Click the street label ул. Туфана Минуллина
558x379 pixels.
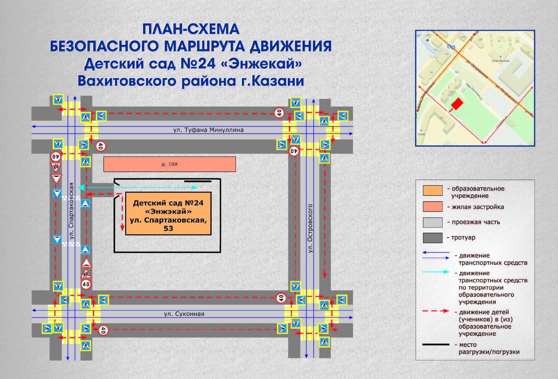tap(208, 130)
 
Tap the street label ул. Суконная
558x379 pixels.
tap(184, 314)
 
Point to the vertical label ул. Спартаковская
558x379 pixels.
tap(71, 211)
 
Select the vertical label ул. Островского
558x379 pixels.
tap(310, 228)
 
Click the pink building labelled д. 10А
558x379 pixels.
tap(169, 164)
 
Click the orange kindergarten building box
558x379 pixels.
tap(168, 214)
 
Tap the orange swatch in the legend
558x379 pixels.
tap(432, 191)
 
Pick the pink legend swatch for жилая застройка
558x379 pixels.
tap(432, 207)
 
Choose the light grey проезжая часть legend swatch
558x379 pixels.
tap(432, 222)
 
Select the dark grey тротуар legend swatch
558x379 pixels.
tap(432, 238)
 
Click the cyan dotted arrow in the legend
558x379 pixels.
tap(436, 272)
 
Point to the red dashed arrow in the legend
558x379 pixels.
tap(436, 311)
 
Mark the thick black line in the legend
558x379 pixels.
tap(436, 345)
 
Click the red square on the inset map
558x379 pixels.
tap(457, 103)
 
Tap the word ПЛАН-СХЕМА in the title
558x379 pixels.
tap(191, 29)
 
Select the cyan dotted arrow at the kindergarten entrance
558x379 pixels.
tap(138, 187)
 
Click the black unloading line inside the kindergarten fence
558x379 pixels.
tap(198, 181)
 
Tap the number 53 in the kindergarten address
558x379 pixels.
tap(168, 229)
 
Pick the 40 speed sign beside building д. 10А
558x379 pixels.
tap(100, 146)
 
